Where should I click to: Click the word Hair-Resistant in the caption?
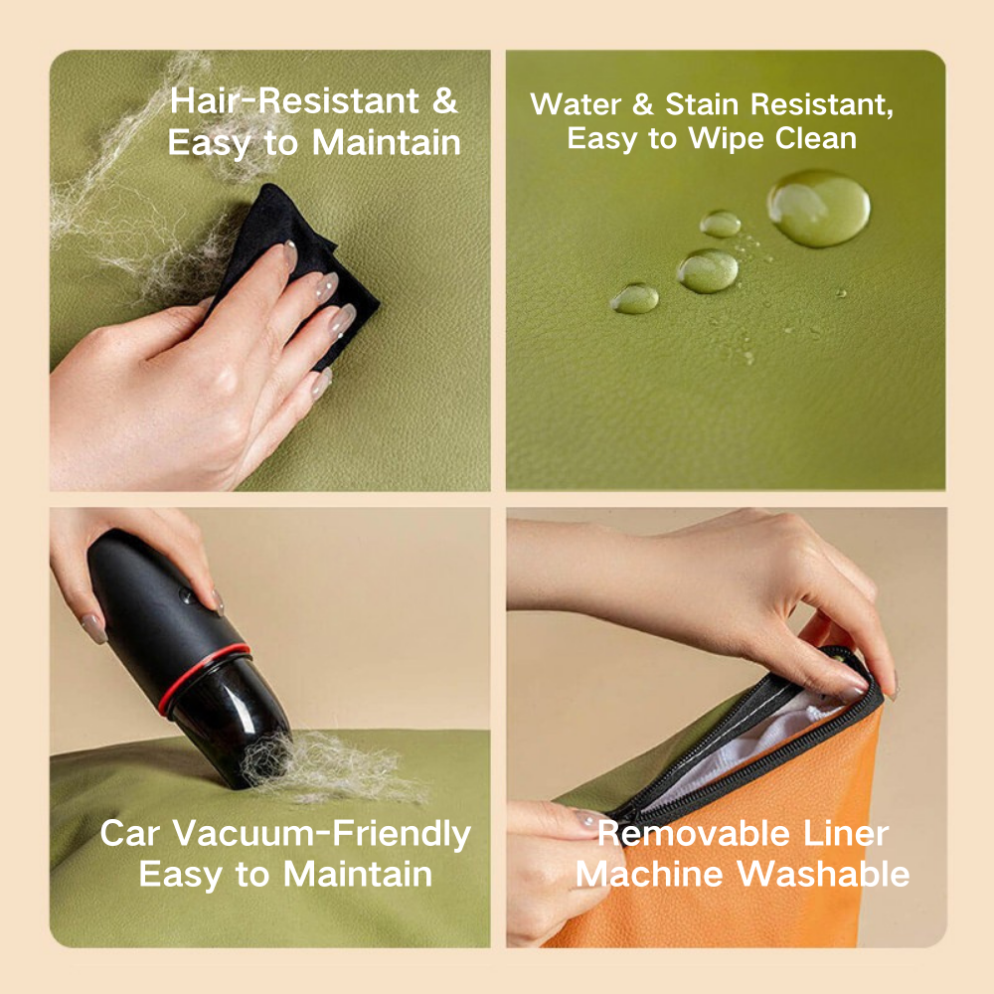coord(294,100)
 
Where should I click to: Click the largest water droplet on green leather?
coord(818,208)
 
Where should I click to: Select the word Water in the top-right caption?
coord(576,104)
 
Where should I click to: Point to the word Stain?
coord(704,104)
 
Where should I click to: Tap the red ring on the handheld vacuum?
coord(202,677)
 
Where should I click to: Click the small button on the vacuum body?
coord(187,595)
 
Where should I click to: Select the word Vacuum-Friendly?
coord(321,833)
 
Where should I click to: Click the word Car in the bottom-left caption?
coord(129,833)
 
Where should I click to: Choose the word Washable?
coord(823,874)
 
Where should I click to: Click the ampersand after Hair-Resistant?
coord(445,101)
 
